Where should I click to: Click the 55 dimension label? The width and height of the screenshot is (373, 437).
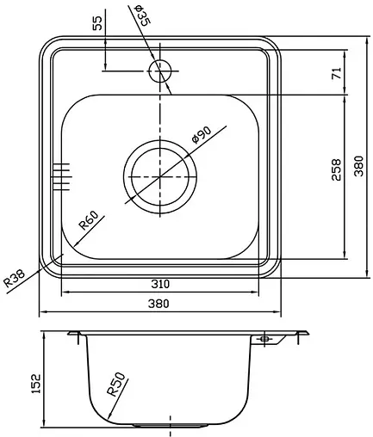[97, 23]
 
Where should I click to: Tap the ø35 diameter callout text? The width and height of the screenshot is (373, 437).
[141, 15]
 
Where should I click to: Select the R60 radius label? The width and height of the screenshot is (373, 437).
[89, 223]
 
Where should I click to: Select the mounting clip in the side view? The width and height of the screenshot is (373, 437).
[264, 341]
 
